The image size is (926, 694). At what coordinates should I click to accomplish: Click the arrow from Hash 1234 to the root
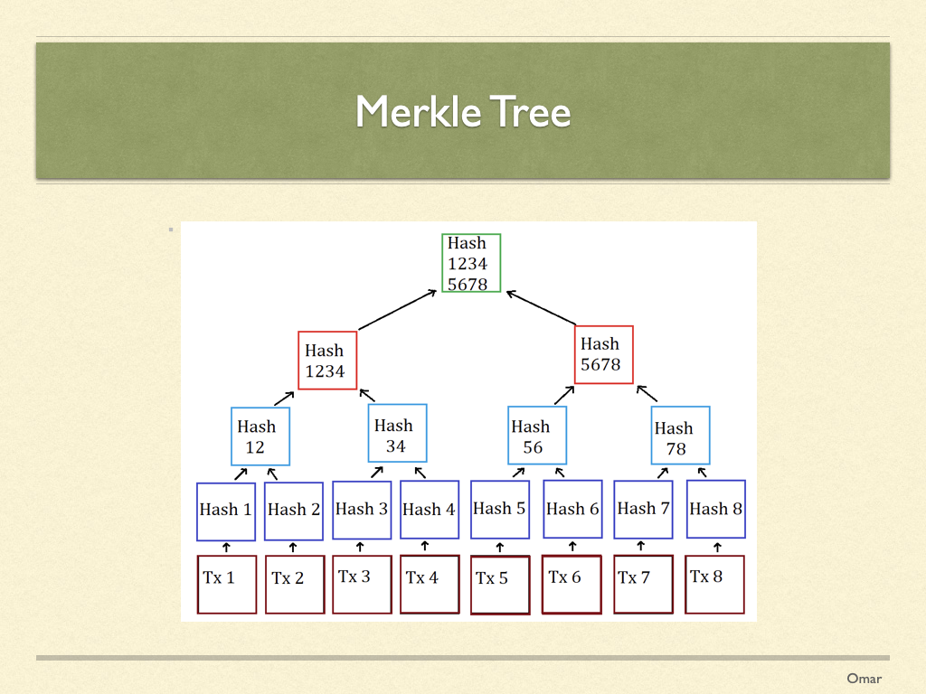click(x=398, y=310)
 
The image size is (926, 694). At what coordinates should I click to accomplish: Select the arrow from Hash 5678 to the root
click(x=541, y=307)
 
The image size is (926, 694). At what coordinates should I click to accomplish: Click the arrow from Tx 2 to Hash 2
click(x=293, y=548)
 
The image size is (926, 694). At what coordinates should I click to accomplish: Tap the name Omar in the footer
click(x=864, y=679)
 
